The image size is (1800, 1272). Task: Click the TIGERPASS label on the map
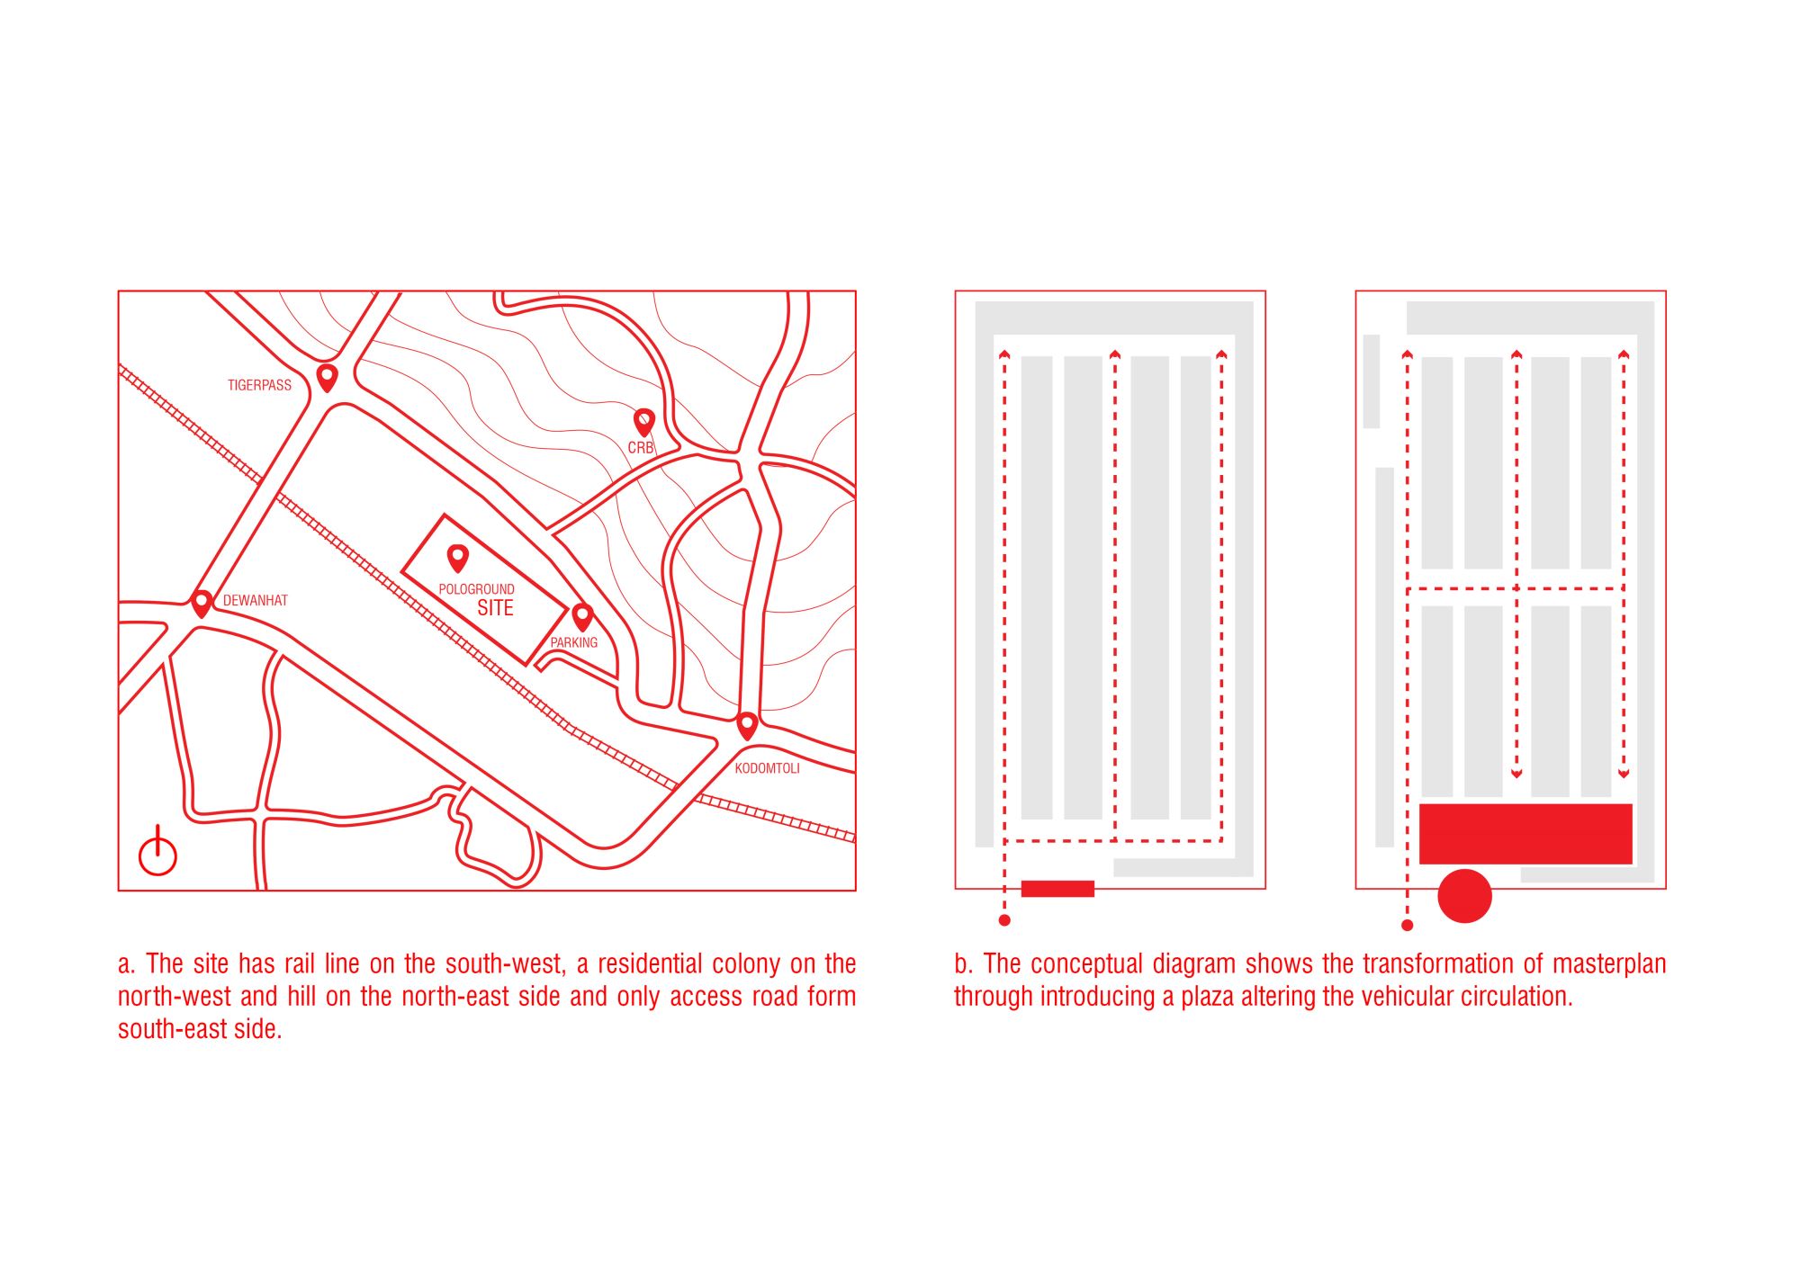tap(259, 385)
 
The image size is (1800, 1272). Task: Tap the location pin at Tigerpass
tap(327, 378)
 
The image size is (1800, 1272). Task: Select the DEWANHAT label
tap(256, 600)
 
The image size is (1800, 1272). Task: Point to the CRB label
tap(641, 447)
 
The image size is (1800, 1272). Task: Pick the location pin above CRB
tap(643, 422)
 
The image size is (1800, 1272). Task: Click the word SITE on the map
tap(495, 608)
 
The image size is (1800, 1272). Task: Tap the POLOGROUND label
tap(476, 589)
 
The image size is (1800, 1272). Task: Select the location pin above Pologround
tap(457, 559)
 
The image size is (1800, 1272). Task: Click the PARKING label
tap(574, 642)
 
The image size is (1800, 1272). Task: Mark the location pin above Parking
tap(582, 618)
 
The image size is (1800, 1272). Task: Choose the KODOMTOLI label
tap(767, 768)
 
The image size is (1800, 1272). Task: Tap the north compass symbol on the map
tap(157, 853)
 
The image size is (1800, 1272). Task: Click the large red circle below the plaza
tap(1464, 896)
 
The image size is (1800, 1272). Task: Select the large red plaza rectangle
tap(1525, 834)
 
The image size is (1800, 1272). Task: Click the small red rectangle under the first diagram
tap(1057, 889)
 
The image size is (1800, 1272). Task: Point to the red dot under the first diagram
tap(1004, 920)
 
